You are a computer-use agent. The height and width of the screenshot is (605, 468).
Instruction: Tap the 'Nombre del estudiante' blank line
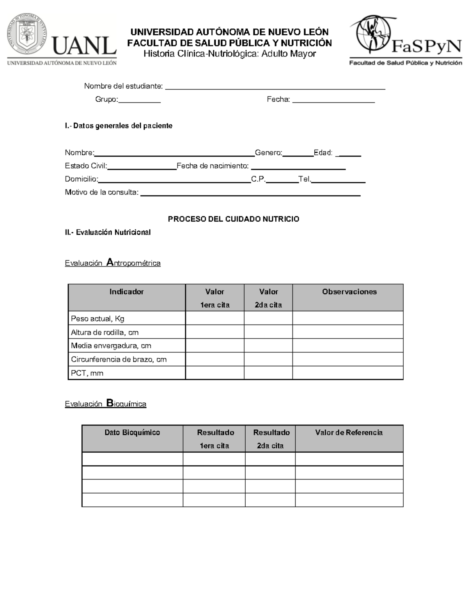coord(275,87)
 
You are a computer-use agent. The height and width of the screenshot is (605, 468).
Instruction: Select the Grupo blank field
coord(139,100)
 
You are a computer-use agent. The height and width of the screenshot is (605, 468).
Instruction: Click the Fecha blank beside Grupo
coord(333,100)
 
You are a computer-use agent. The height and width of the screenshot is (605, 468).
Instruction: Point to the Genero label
coord(268,153)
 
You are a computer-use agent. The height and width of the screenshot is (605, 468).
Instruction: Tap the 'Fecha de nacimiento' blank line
coord(298,167)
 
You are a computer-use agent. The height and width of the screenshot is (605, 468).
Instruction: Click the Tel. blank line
coord(338,180)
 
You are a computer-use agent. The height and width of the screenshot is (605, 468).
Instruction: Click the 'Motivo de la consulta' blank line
coord(250,193)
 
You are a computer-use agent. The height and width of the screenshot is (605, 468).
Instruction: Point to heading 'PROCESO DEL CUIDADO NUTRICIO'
coord(234,219)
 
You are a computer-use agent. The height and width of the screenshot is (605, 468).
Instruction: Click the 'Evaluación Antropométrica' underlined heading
coord(113,263)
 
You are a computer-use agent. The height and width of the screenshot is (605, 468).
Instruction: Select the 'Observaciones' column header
coord(349,292)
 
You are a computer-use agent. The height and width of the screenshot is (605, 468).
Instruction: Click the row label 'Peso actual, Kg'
coord(97,319)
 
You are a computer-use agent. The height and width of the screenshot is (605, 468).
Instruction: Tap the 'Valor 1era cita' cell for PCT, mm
coord(214,373)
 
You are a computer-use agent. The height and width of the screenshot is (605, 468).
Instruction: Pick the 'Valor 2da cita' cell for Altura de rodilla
coord(268,332)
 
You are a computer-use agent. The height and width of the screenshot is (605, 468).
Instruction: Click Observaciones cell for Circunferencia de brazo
coord(347,359)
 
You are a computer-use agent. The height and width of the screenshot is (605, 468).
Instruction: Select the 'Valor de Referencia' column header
coord(349,432)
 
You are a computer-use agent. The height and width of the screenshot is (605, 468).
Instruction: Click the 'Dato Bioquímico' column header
coord(132,432)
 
